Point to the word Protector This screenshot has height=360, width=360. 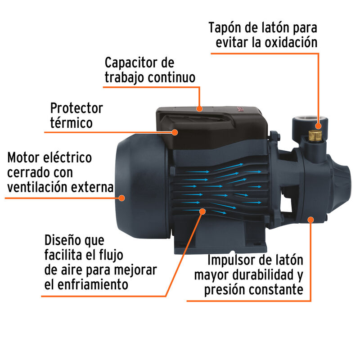pyautogui.click(x=76, y=108)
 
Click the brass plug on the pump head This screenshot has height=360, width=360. pyautogui.click(x=315, y=135)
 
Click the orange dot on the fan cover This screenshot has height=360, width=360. pyautogui.click(x=121, y=198)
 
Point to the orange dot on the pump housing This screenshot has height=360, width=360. pyautogui.click(x=310, y=219)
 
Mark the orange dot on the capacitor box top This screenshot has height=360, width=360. pyautogui.click(x=199, y=108)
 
